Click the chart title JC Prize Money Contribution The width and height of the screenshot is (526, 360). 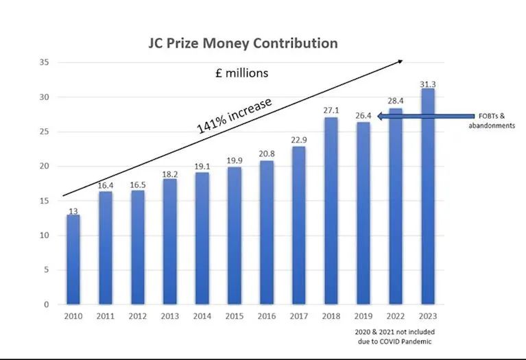[x=243, y=43]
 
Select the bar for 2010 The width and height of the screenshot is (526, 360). [x=73, y=259]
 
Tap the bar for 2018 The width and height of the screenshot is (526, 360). [x=331, y=211]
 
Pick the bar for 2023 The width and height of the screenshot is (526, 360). [x=427, y=196]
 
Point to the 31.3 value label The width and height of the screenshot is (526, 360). [x=427, y=84]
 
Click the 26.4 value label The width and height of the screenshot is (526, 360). [x=363, y=116]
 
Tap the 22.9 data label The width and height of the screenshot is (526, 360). [x=298, y=141]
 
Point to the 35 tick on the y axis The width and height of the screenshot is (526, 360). [x=45, y=62]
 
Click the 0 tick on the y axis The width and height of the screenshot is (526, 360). [x=47, y=304]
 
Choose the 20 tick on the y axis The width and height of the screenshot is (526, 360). [x=45, y=166]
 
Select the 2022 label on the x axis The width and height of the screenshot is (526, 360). [x=395, y=317]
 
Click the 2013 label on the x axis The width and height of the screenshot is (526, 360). [x=169, y=317]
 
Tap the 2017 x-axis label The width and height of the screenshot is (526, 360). [x=298, y=317]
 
